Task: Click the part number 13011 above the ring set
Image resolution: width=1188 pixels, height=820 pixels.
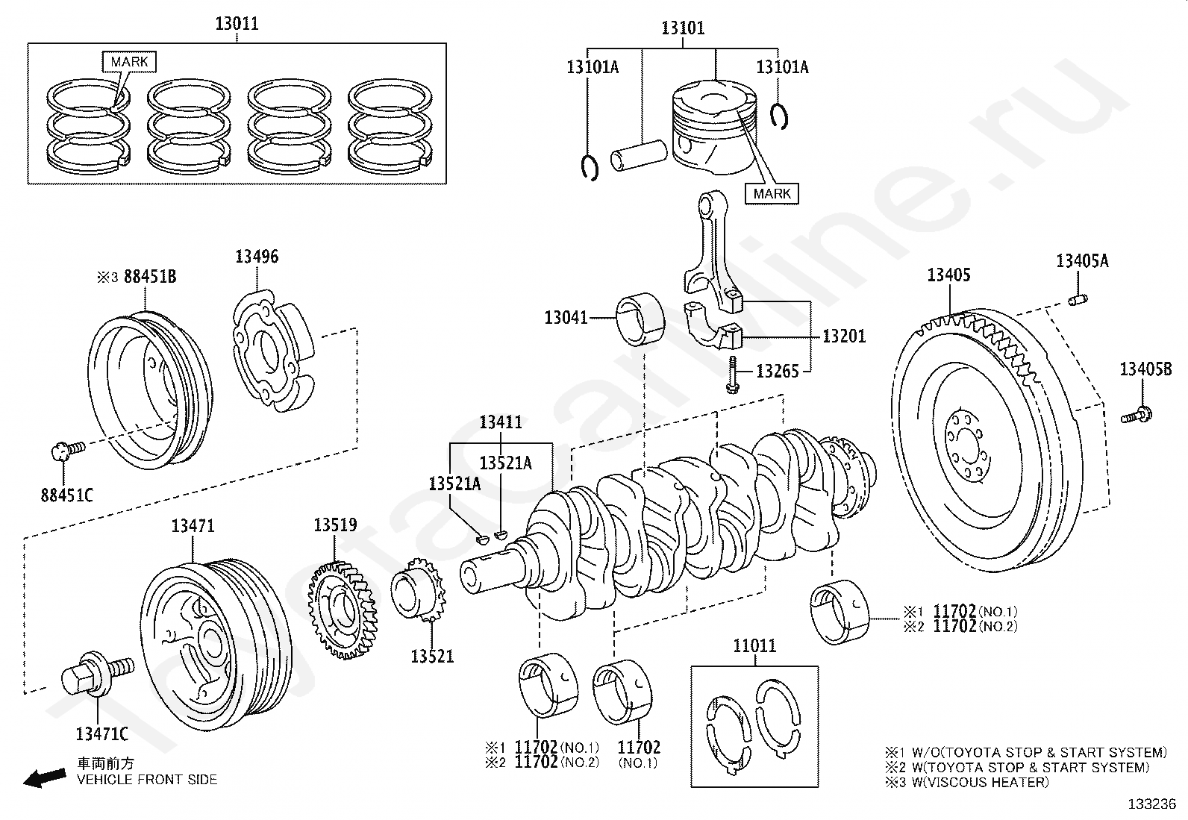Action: (x=237, y=24)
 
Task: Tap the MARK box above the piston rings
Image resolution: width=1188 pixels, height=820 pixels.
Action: (x=129, y=62)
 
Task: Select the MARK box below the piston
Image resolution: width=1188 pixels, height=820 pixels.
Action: (x=772, y=193)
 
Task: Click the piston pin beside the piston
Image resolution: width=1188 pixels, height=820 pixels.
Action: (x=639, y=155)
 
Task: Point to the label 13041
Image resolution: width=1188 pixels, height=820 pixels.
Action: (x=566, y=318)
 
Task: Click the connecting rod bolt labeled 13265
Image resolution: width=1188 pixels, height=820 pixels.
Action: (x=732, y=375)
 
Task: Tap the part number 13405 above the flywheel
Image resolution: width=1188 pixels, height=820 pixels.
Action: (x=948, y=275)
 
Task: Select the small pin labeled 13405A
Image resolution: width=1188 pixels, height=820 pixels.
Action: (x=1078, y=300)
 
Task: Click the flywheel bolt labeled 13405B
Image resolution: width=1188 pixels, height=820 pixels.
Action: (x=1136, y=415)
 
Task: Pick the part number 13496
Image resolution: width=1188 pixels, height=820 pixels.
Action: (x=257, y=257)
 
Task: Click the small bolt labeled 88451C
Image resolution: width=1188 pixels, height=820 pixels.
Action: (x=68, y=451)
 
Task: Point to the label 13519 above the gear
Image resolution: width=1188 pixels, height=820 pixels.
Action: (x=335, y=525)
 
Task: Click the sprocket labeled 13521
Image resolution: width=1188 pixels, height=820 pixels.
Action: (x=419, y=589)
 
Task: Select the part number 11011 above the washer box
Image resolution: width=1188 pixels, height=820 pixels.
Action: (x=754, y=646)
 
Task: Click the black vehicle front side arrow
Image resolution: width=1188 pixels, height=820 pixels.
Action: (x=45, y=778)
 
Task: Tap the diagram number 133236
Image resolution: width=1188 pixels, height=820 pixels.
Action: (x=1151, y=804)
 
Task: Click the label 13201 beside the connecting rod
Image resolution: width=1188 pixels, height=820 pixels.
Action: (x=844, y=337)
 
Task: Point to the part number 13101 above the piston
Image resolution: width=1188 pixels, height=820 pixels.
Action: (x=683, y=28)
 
